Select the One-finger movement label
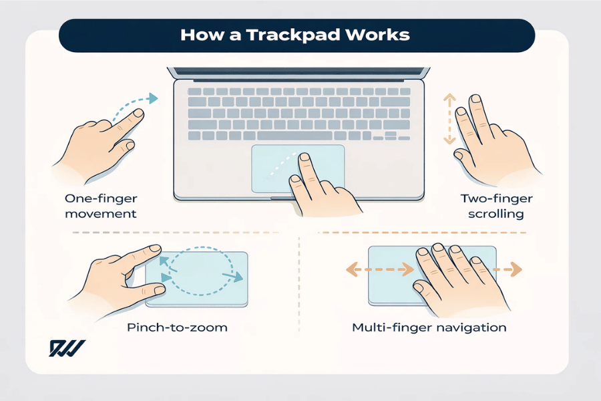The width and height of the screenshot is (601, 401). tap(101, 206)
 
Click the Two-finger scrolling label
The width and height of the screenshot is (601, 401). tap(491, 206)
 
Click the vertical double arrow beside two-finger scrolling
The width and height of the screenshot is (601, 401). tap(449, 119)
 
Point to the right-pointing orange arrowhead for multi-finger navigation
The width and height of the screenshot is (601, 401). tap(516, 271)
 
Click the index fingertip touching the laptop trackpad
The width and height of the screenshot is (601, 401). tap(304, 160)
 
